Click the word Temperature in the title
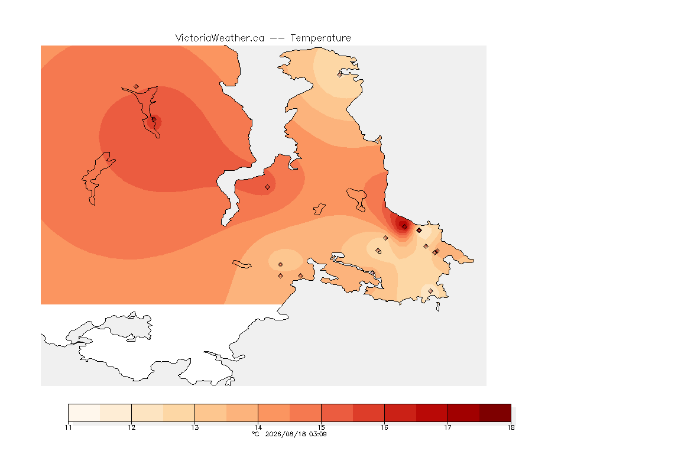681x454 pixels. (320, 38)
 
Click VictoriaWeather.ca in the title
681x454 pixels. (220, 38)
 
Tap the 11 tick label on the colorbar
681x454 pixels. (68, 427)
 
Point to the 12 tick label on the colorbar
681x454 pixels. (132, 427)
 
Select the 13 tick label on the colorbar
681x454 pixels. (195, 427)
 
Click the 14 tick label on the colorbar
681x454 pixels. (258, 427)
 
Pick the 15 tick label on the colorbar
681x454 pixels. (322, 427)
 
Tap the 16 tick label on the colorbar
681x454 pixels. (384, 427)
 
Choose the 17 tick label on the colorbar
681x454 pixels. (447, 427)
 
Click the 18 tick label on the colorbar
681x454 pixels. (511, 427)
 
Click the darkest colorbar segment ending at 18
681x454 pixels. (495, 413)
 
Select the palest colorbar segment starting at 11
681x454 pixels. (85, 413)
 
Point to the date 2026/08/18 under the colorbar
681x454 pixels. (283, 434)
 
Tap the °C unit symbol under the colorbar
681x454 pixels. (256, 434)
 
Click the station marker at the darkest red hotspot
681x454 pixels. (404, 226)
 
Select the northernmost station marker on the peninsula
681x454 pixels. (340, 74)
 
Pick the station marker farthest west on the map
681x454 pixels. (137, 87)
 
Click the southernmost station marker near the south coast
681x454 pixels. (430, 291)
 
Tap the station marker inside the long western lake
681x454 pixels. (154, 119)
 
